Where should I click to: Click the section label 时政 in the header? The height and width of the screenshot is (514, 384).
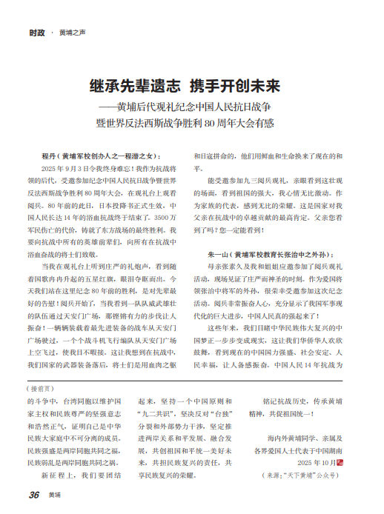[36, 33]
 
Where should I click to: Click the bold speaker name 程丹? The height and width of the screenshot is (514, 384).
[50, 156]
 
